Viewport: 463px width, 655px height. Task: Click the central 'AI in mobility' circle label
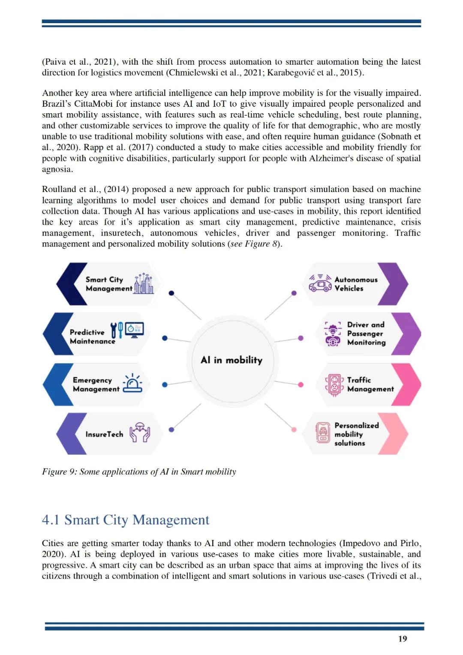(231, 360)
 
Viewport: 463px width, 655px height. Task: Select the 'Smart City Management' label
(108, 284)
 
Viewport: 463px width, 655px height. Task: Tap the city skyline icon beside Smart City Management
(144, 283)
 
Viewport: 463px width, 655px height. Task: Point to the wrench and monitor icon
(127, 330)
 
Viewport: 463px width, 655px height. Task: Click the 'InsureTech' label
(104, 434)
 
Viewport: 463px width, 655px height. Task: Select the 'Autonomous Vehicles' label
(356, 284)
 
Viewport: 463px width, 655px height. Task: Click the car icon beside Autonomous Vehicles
(320, 283)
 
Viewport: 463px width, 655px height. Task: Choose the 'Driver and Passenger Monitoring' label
(366, 334)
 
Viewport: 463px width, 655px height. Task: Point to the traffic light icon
(334, 385)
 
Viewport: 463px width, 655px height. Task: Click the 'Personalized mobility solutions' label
(356, 434)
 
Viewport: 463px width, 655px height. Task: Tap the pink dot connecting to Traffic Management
(301, 385)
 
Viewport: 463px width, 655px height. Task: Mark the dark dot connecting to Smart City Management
(171, 293)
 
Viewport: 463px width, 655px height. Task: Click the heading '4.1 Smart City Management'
(126, 520)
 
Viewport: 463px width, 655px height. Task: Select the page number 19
(403, 639)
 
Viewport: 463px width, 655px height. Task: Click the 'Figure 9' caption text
(139, 472)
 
